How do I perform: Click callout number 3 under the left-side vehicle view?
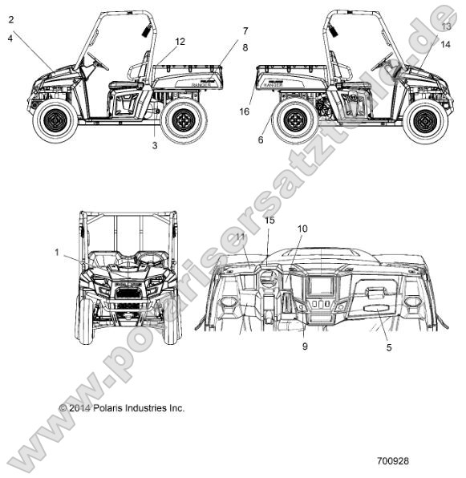coord(155,145)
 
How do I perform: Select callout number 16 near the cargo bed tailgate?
coord(245,111)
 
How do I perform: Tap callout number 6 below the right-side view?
coord(261,140)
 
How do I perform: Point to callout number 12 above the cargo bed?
coord(180,42)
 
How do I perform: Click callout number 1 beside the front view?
coord(57,253)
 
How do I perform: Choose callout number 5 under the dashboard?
coord(389,347)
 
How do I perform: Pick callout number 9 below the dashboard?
coord(305,346)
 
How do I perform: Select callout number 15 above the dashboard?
coord(269,220)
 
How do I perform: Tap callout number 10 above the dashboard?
coord(302,229)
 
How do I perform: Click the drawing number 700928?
coord(393,460)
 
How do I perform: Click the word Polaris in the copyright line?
coord(108,408)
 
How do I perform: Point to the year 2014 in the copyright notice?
coord(79,408)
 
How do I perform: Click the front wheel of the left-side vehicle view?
coord(55,120)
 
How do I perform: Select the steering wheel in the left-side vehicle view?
coord(98,61)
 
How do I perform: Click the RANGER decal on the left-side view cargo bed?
coord(201,84)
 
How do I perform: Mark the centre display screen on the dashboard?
coord(321,286)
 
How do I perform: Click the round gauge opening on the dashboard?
coord(268,280)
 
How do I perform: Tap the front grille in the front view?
coord(128,294)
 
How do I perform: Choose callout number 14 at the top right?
coord(445,44)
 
